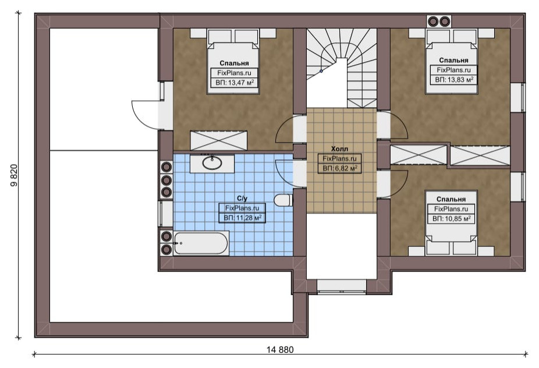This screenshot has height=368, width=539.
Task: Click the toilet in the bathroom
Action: pyautogui.click(x=283, y=200)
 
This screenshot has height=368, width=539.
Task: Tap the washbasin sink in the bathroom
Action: pyautogui.click(x=212, y=162)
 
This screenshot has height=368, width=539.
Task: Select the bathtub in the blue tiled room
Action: pyautogui.click(x=201, y=243)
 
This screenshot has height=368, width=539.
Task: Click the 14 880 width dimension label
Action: pyautogui.click(x=280, y=350)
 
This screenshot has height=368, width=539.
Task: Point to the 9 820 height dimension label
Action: pyautogui.click(x=14, y=175)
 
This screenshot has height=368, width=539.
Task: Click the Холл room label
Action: pyautogui.click(x=339, y=149)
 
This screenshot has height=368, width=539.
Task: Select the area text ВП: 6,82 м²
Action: pyautogui.click(x=339, y=168)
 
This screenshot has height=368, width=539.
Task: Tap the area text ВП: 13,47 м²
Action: pyautogui.click(x=235, y=83)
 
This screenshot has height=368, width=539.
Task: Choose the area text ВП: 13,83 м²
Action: pyautogui.click(x=454, y=80)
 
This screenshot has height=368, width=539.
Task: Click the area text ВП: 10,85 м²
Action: pyautogui.click(x=451, y=219)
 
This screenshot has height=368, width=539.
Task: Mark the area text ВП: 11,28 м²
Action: pyautogui.click(x=243, y=218)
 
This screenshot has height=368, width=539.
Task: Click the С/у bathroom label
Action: pyautogui.click(x=242, y=199)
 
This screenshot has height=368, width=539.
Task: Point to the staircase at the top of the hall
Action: pyautogui.click(x=342, y=68)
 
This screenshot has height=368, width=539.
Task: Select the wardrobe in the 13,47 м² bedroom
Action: pyautogui.click(x=219, y=140)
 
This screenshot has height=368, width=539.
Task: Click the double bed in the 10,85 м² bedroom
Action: pyautogui.click(x=451, y=223)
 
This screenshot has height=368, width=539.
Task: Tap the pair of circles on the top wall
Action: pyautogui.click(x=439, y=22)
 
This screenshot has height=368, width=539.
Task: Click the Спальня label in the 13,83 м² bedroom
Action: pyautogui.click(x=454, y=60)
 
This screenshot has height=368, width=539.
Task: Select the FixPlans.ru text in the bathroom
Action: pyautogui.click(x=242, y=208)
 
